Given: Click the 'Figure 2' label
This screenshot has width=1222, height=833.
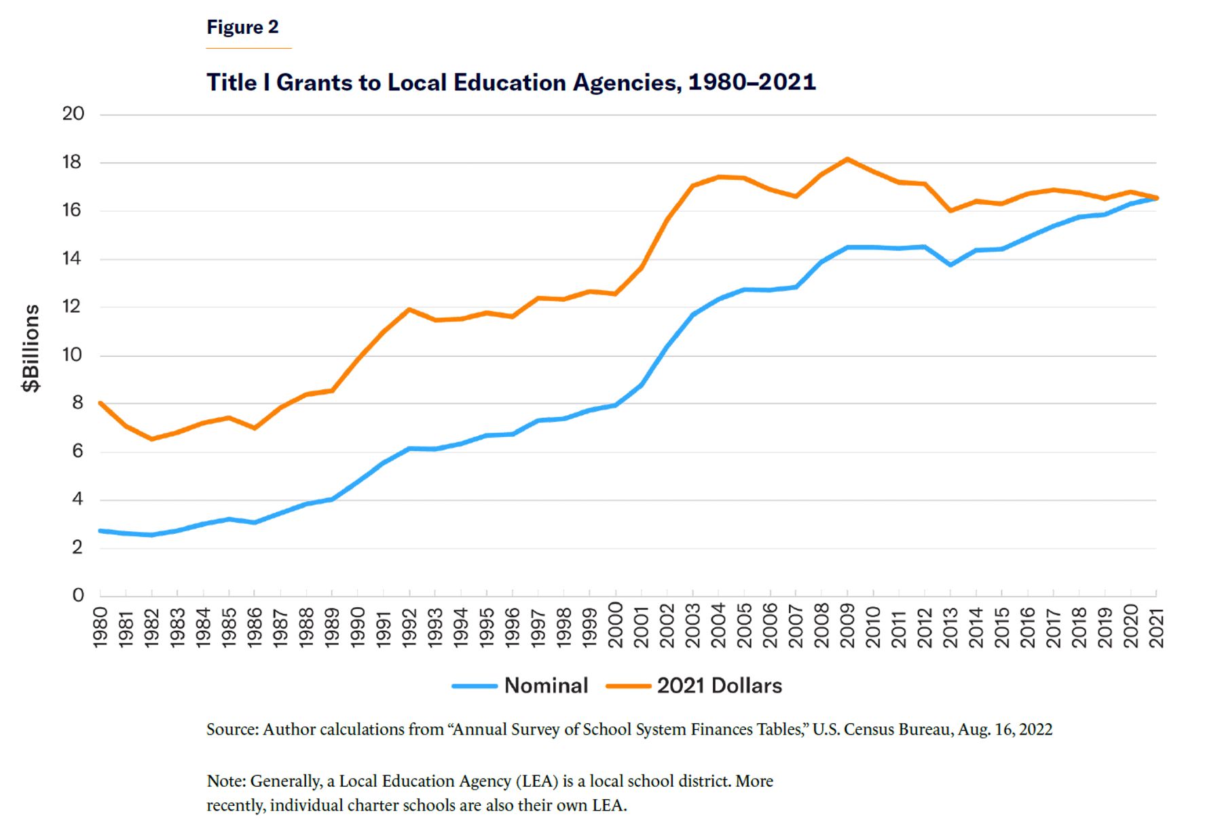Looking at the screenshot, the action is (x=242, y=27).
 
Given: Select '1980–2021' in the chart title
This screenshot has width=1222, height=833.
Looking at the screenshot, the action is (x=752, y=82).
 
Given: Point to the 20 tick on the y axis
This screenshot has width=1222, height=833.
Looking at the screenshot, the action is (x=73, y=114).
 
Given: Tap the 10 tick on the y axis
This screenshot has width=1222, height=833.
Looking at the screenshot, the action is (x=72, y=355).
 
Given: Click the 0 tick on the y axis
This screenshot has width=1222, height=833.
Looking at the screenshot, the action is (x=78, y=596).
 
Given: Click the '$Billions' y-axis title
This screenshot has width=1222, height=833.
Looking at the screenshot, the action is (x=31, y=348).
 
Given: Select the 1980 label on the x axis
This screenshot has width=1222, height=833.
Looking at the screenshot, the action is (x=100, y=627).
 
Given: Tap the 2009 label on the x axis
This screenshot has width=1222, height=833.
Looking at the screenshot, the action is (x=847, y=627).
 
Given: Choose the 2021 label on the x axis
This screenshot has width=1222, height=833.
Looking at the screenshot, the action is (x=1156, y=627).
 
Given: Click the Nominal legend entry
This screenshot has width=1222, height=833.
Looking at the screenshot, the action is (x=520, y=686).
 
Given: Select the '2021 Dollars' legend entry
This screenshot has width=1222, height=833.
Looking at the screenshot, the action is (x=694, y=686).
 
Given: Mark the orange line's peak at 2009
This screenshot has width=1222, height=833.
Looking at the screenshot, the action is (x=847, y=159).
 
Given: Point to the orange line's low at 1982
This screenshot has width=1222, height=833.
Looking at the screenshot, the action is (x=151, y=439).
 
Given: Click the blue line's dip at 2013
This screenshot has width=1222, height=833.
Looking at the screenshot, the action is (x=950, y=265).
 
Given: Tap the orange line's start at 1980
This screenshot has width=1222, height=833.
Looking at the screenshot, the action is (x=100, y=403).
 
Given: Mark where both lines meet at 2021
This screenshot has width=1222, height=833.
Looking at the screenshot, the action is (x=1155, y=198).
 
